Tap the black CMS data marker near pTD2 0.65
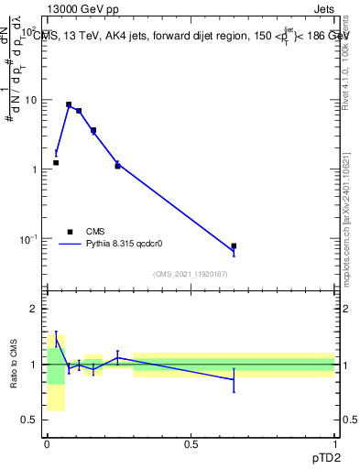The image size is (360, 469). pyautogui.click(x=234, y=245)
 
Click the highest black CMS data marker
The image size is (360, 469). pyautogui.click(x=69, y=105)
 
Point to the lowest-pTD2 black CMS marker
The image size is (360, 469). pyautogui.click(x=56, y=162)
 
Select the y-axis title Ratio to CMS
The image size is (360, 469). pyautogui.click(x=14, y=365)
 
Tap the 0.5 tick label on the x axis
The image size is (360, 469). pyautogui.click(x=191, y=443)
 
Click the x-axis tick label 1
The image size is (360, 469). pyautogui.click(x=334, y=443)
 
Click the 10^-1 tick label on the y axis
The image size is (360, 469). pyautogui.click(x=27, y=238)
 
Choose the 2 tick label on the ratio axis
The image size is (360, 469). pyautogui.click(x=33, y=309)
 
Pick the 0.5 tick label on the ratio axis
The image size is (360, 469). pyautogui.click(x=28, y=420)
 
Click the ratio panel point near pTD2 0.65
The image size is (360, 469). pyautogui.click(x=234, y=379)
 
